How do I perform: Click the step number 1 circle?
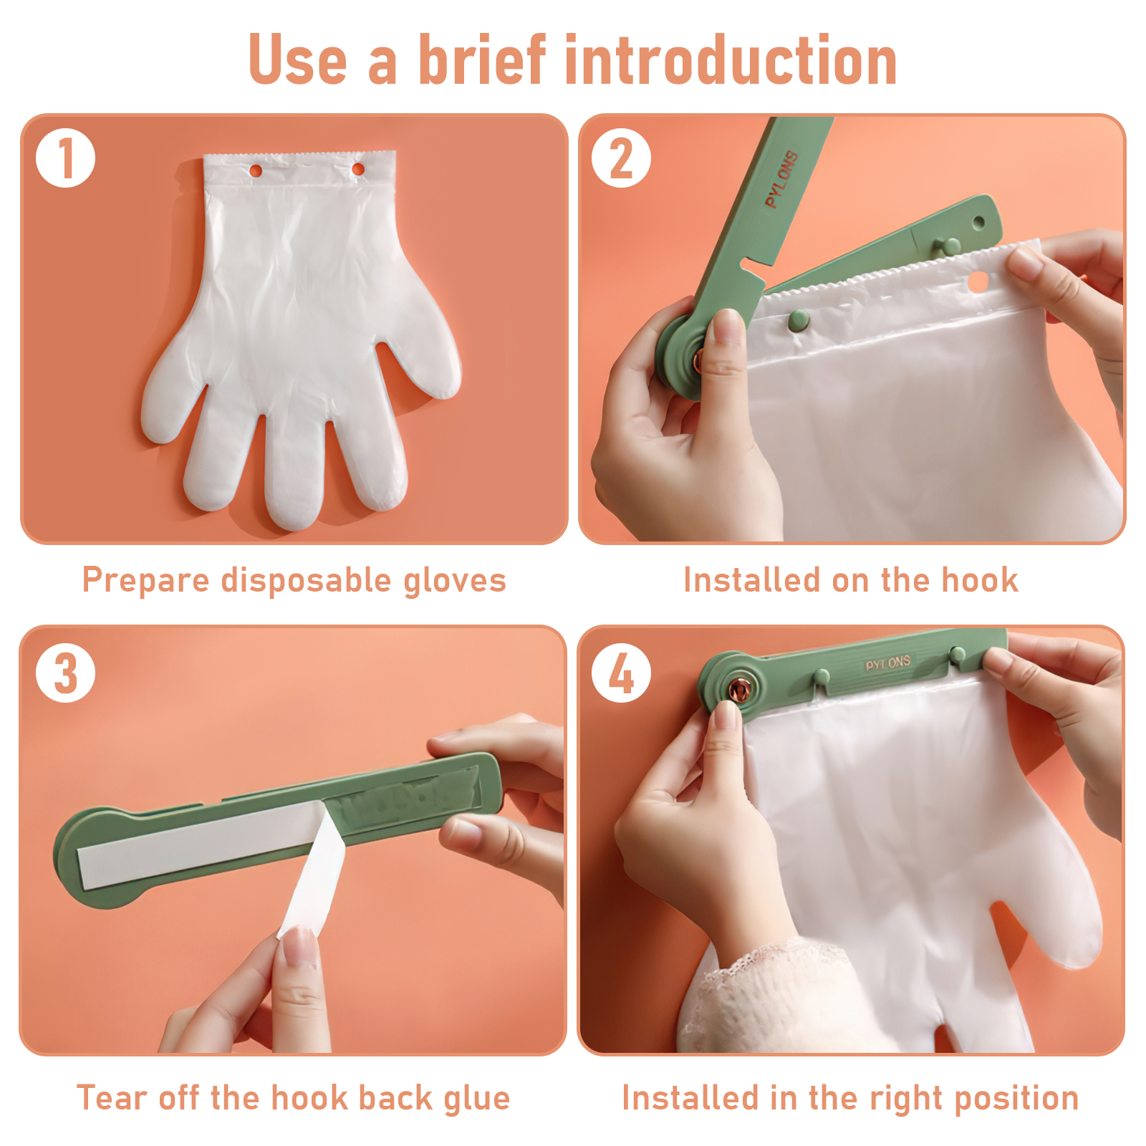click(66, 158)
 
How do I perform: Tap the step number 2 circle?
click(621, 158)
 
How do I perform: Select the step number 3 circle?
click(66, 673)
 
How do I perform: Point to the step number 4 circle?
click(621, 673)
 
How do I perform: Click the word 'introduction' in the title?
click(731, 60)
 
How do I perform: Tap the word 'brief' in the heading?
click(482, 60)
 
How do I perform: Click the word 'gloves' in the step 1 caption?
click(455, 581)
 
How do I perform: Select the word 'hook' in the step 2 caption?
click(980, 579)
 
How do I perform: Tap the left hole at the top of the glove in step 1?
click(256, 170)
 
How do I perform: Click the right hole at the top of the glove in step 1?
click(358, 170)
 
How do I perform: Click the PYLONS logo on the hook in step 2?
click(781, 179)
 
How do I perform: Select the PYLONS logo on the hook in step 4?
click(888, 663)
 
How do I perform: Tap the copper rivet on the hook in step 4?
click(739, 690)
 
